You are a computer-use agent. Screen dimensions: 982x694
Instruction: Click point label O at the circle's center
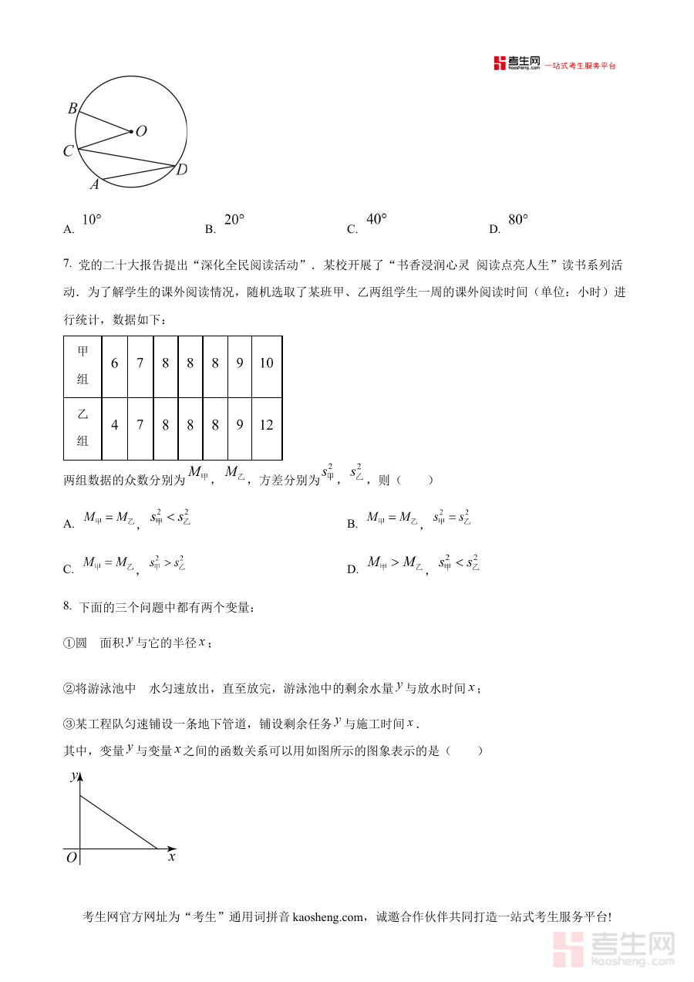[x=141, y=131]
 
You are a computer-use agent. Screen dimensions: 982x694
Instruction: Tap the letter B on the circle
[x=72, y=109]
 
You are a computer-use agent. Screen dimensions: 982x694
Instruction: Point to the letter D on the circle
[x=182, y=170]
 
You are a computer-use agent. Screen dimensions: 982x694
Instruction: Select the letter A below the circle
[x=95, y=184]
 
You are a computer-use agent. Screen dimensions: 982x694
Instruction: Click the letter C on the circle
[x=68, y=151]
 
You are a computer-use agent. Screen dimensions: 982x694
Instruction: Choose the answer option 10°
[x=91, y=220]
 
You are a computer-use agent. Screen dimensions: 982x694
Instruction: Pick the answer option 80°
[x=518, y=220]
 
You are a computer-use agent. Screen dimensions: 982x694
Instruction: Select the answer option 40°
[x=376, y=220]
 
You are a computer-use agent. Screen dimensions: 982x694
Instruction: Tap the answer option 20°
[x=234, y=220]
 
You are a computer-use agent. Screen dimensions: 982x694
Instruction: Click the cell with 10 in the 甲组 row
[x=266, y=363]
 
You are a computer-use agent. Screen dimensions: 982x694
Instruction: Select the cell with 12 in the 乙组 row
[x=266, y=425]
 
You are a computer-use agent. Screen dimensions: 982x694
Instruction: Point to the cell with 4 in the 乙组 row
[x=115, y=425]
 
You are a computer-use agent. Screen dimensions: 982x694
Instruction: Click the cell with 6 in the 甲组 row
[x=115, y=363]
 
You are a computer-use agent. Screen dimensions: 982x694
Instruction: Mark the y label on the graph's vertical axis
[x=73, y=776]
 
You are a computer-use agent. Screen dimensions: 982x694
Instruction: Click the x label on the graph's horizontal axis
[x=172, y=856]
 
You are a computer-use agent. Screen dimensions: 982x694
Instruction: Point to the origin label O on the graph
[x=71, y=858]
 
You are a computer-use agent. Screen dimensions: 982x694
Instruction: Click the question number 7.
[x=67, y=265]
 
